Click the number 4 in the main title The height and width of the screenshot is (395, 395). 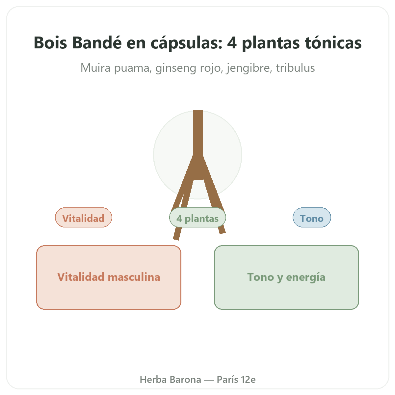click(x=232, y=43)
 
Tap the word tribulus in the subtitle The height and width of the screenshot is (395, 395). click(x=295, y=68)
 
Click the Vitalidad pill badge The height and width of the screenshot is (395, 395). click(x=83, y=218)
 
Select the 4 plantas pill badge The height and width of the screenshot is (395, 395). click(x=197, y=218)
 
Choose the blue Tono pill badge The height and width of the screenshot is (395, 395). click(x=312, y=218)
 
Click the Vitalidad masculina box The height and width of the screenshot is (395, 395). click(x=109, y=277)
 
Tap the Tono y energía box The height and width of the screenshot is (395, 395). click(x=286, y=277)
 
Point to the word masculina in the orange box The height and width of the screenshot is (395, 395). click(x=134, y=277)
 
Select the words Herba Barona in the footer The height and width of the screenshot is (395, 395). click(x=170, y=380)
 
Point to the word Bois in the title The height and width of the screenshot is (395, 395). click(x=50, y=43)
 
